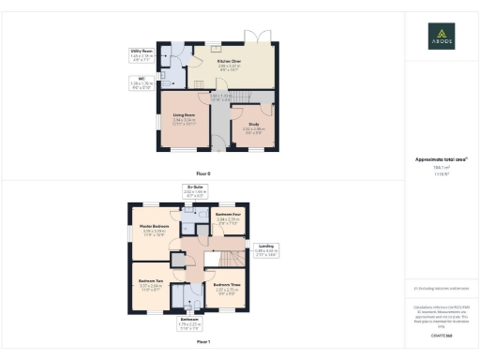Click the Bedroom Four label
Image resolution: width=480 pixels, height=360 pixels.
pyautogui.click(x=229, y=217)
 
